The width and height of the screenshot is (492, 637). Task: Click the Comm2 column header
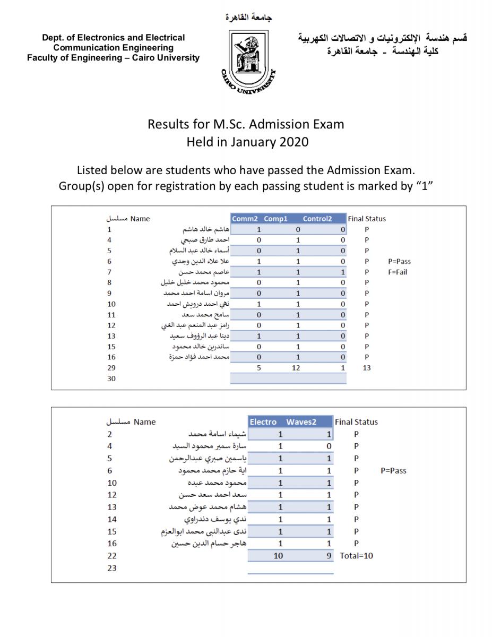[245, 219]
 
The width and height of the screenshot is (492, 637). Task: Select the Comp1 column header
[275, 219]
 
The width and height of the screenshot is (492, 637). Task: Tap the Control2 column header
[317, 219]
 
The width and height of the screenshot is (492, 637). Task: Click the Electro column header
[263, 422]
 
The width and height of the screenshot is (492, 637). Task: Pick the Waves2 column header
[301, 422]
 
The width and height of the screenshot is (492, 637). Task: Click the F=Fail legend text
[400, 272]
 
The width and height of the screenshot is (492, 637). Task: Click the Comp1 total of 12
[298, 367]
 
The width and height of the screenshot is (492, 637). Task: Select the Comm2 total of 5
[258, 367]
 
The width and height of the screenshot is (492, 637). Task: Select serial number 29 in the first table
[111, 367]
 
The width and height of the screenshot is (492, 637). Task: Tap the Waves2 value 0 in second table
[329, 446]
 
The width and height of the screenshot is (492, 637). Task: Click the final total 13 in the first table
[366, 367]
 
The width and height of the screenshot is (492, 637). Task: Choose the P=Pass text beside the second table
[394, 470]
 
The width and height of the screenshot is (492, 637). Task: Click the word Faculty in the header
[43, 58]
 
